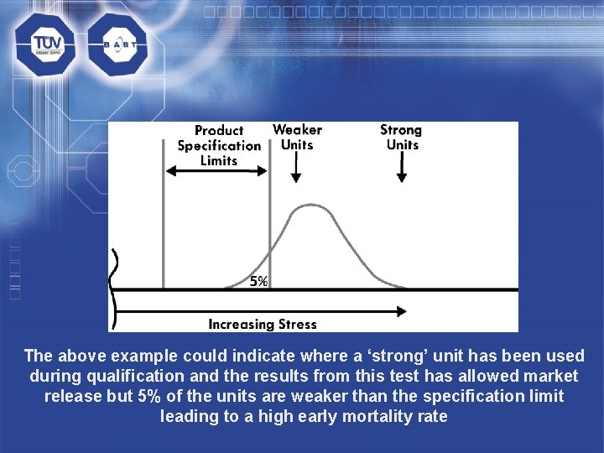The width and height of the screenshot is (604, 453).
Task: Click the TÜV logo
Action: tap(44, 44)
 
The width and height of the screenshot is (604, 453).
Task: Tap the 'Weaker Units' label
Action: tap(297, 137)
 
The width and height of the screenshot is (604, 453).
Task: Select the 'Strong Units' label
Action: tap(401, 137)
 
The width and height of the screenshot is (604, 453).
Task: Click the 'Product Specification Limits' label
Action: tap(219, 145)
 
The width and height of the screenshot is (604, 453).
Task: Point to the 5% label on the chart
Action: tap(258, 282)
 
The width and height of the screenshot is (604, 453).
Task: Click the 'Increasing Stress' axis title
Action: tap(263, 324)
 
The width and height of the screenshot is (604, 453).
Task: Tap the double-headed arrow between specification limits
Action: tap(216, 170)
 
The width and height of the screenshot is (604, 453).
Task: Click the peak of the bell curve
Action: tap(312, 206)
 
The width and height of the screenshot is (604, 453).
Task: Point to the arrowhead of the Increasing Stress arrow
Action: tap(403, 311)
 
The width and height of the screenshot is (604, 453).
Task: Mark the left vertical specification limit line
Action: tap(162, 218)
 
